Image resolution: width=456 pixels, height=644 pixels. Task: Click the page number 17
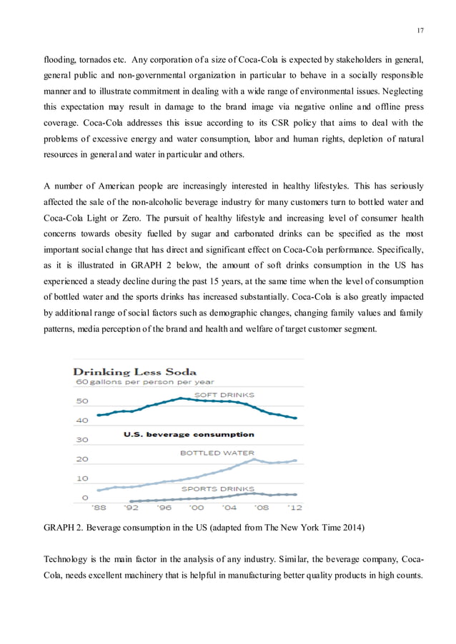(420, 29)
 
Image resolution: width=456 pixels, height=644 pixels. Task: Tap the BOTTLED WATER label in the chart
(217, 453)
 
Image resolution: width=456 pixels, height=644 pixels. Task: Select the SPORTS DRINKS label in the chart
(214, 488)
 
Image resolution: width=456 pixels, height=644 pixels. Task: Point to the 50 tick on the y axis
(82, 401)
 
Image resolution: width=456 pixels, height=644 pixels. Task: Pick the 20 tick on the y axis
(82, 459)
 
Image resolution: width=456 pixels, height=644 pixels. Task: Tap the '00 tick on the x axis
(196, 508)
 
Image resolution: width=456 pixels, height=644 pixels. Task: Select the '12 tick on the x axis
(294, 508)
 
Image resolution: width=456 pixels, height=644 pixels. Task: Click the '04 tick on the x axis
(229, 508)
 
